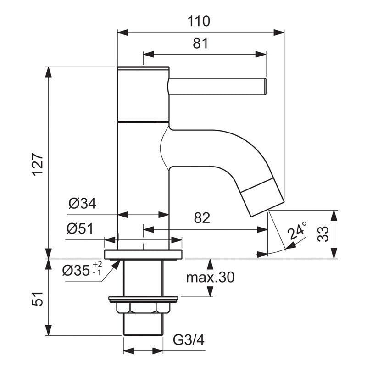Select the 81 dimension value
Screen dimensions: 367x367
tap(200, 44)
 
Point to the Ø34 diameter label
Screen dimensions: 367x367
tap(83, 204)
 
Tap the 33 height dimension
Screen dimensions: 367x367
tap(323, 234)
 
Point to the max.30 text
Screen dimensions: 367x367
tap(211, 277)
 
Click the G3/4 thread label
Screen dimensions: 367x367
tap(188, 340)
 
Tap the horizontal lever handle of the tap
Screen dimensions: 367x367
tap(217, 87)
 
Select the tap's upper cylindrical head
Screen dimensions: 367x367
tap(144, 94)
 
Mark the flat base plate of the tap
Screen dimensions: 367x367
tap(143, 254)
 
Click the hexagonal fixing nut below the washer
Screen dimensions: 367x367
tap(143, 309)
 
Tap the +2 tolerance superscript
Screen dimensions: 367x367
tap(98, 264)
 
